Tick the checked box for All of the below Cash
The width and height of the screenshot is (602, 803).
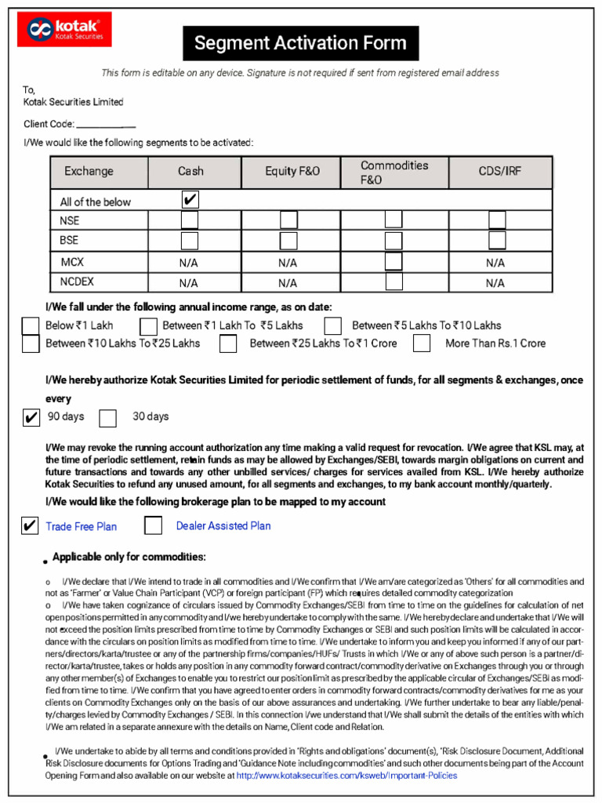[190, 200]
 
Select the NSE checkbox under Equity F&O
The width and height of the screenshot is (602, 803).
[288, 220]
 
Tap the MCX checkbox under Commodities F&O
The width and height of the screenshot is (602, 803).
[393, 262]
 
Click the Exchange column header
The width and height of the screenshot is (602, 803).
[89, 171]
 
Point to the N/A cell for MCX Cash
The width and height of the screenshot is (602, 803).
[189, 263]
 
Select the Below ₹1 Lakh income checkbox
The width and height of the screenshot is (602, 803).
[31, 325]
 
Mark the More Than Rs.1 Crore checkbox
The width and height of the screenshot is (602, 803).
[422, 343]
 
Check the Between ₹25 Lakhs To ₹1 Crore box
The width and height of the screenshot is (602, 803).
[228, 343]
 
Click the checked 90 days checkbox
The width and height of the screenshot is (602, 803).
[31, 417]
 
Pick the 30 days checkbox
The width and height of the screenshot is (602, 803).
[108, 417]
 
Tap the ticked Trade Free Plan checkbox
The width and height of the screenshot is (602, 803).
[30, 525]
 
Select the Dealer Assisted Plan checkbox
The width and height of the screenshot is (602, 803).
[154, 525]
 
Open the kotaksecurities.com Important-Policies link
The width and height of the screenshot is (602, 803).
[346, 776]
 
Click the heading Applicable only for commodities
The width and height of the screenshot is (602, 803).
[129, 557]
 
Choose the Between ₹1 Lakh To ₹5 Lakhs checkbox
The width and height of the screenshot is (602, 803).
[148, 325]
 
